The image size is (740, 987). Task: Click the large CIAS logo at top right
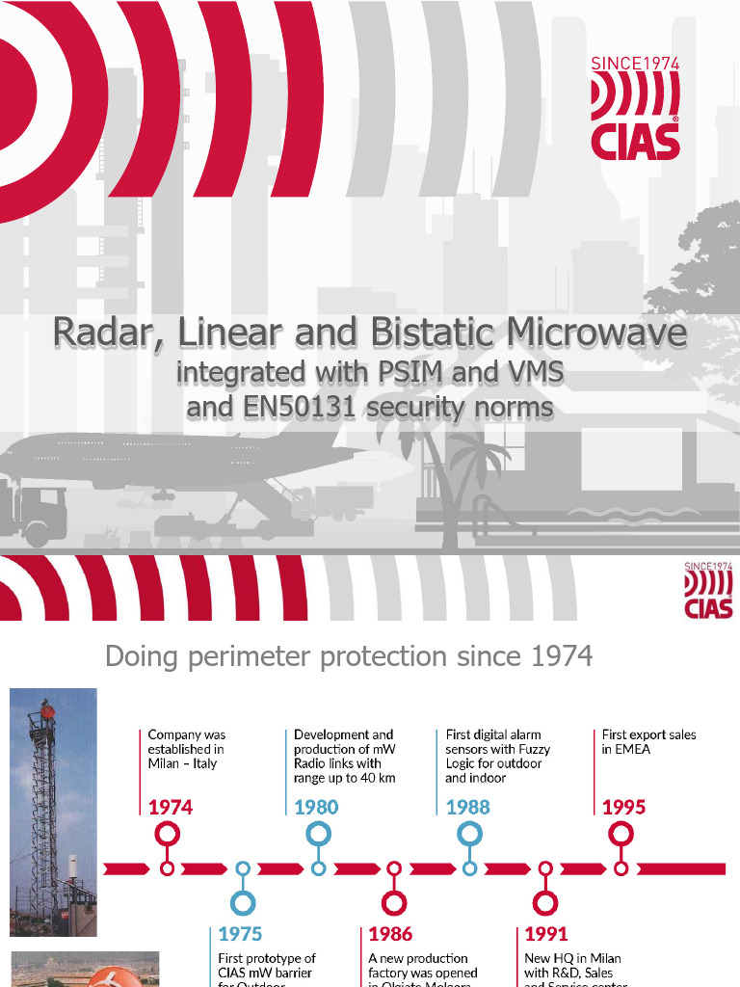pyautogui.click(x=635, y=108)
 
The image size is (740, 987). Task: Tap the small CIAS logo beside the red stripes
pyautogui.click(x=708, y=590)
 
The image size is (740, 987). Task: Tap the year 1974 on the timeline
pyautogui.click(x=171, y=807)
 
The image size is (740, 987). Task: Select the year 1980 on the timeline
pyautogui.click(x=316, y=807)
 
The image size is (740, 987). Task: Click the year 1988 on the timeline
pyautogui.click(x=468, y=807)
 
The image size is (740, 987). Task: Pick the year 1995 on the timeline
pyautogui.click(x=623, y=807)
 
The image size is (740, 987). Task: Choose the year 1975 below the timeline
pyautogui.click(x=240, y=933)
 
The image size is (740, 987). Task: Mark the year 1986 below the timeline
pyautogui.click(x=390, y=933)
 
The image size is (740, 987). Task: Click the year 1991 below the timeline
pyautogui.click(x=546, y=933)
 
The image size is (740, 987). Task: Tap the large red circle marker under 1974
pyautogui.click(x=168, y=834)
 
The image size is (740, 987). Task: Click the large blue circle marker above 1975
pyautogui.click(x=243, y=903)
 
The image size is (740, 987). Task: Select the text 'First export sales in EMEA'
pyautogui.click(x=648, y=741)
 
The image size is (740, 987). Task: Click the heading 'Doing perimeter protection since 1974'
pyautogui.click(x=349, y=656)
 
